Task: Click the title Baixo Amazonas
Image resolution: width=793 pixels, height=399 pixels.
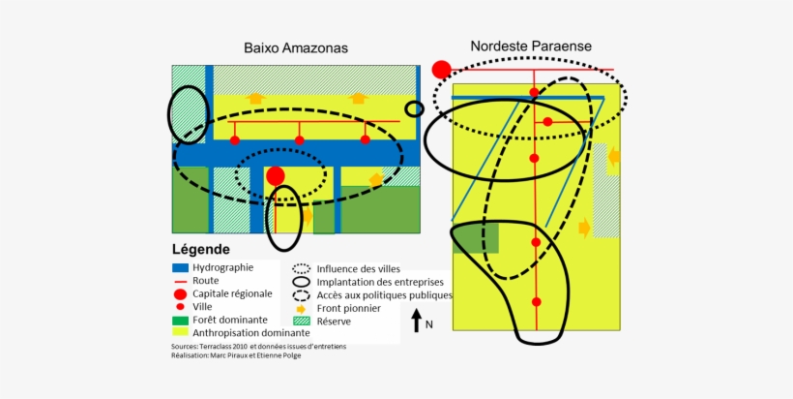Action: coord(296,47)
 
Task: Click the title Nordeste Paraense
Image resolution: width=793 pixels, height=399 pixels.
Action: coord(531,46)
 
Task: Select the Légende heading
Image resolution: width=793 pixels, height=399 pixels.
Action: coord(201,249)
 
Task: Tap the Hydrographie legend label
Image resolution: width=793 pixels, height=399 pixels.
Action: coord(223,267)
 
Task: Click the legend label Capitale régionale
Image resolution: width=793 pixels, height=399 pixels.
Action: coord(232,293)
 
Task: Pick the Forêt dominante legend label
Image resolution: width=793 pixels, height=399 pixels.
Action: coord(230,320)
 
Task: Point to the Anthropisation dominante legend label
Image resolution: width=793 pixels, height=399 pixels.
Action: coord(245,332)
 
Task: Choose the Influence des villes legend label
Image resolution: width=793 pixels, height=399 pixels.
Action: coord(359,269)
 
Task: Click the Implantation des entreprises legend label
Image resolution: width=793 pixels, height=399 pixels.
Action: coord(371,282)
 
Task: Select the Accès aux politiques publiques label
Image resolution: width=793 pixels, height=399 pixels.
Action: coord(385,295)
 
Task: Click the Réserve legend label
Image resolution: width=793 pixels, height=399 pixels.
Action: coord(334,321)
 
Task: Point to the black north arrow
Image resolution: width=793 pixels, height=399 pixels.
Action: coord(417,320)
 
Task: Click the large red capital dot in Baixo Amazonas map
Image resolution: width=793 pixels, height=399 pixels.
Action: coord(276,175)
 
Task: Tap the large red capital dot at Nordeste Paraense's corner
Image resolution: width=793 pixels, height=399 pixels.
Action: coord(442,69)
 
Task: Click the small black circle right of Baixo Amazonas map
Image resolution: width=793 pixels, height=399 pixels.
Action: coord(415,108)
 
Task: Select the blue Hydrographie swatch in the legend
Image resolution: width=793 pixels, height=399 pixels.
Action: coord(180,267)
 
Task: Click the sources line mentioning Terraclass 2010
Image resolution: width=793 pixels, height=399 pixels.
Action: coord(258,346)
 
